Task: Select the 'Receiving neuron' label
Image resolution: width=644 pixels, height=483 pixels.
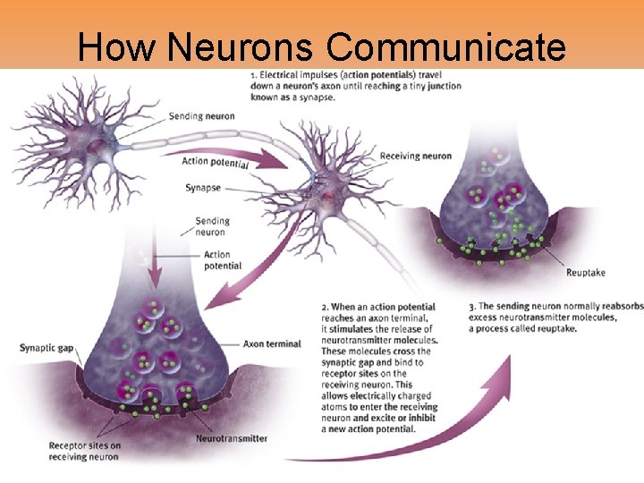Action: click(x=415, y=157)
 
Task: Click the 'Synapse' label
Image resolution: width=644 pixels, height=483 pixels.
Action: click(x=203, y=188)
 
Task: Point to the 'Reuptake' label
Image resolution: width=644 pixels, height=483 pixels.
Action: click(x=585, y=272)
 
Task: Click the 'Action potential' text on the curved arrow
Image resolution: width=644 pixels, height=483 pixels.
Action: click(x=215, y=163)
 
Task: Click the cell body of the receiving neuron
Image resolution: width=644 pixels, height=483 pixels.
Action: click(x=326, y=183)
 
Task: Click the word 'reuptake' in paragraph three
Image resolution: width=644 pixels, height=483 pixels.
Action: click(x=556, y=329)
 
